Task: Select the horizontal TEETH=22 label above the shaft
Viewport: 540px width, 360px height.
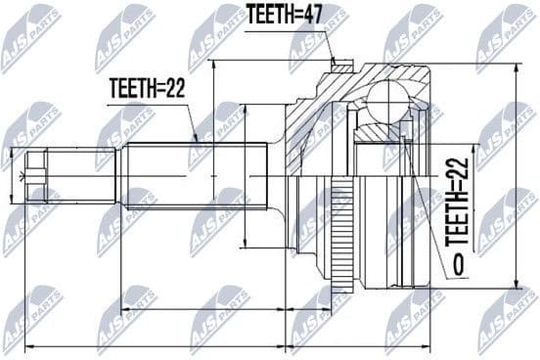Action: tap(146, 87)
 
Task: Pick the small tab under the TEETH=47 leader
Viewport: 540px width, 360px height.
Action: tap(340, 67)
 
